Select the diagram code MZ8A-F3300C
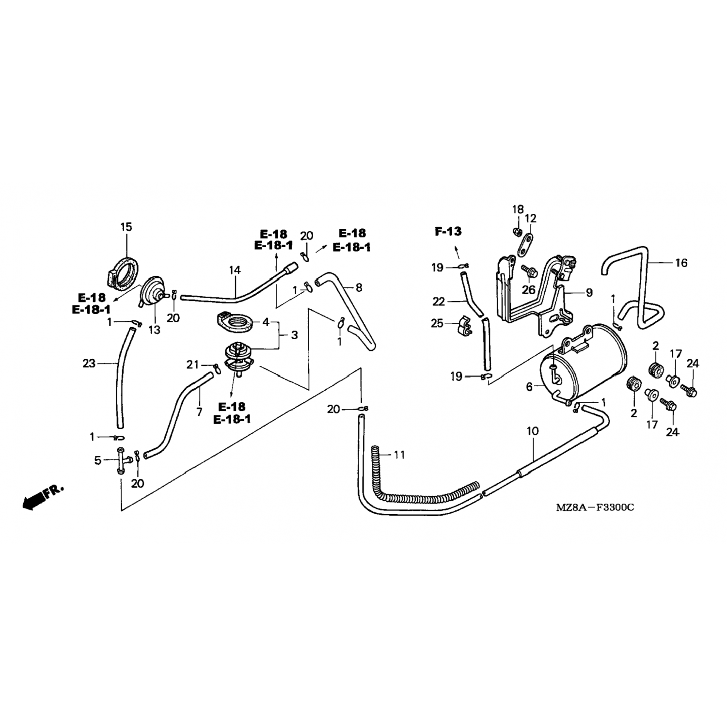point(595,507)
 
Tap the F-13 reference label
point(448,232)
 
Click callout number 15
point(126,227)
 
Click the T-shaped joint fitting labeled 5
point(120,460)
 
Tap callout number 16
point(681,263)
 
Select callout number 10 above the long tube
point(532,431)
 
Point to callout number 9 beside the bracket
point(589,293)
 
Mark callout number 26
point(528,290)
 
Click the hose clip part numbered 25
point(461,323)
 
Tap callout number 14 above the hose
point(235,270)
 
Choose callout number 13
point(154,330)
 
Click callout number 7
point(199,412)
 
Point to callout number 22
point(438,301)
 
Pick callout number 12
point(531,218)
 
